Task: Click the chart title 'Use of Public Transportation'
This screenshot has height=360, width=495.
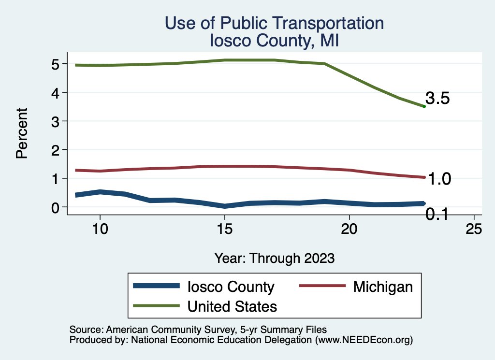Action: pos(274,23)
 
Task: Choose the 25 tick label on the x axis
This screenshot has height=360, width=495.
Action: pos(474,229)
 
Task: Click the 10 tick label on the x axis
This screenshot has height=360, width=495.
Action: pos(100,229)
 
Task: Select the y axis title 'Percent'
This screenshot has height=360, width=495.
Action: pos(21,133)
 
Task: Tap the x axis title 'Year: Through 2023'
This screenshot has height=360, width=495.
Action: pos(274,258)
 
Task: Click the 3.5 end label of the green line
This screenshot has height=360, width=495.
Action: pos(438,99)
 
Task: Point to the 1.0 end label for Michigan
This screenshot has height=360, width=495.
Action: pos(439,179)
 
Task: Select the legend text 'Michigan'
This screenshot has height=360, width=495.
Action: pos(383,287)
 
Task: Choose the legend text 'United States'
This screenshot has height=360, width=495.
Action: pos(232,306)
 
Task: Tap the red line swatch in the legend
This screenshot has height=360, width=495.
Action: pos(322,287)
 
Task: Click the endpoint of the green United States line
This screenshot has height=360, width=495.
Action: pos(424,106)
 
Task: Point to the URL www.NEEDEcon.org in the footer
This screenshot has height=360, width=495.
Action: pos(363,340)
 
